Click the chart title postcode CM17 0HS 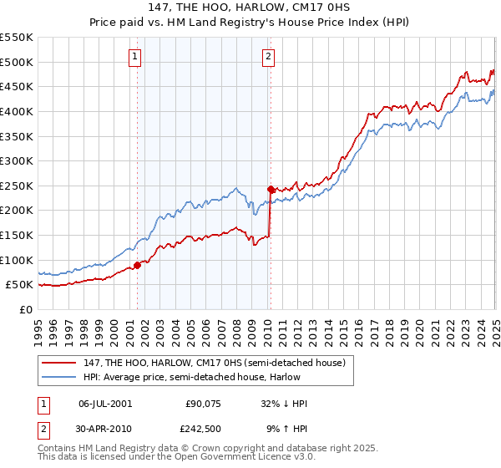tap(331, 8)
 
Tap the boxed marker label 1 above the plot tap(135, 57)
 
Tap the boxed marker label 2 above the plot tap(268, 57)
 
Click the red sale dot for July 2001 tap(137, 265)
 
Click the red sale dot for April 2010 tap(271, 190)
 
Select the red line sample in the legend tap(59, 362)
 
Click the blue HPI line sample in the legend tap(59, 377)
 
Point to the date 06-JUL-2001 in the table tap(105, 403)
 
